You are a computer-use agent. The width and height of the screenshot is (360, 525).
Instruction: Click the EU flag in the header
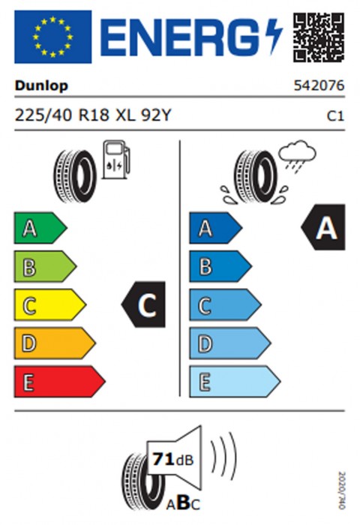tap(53, 37)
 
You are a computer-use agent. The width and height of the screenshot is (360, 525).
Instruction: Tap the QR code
tap(319, 37)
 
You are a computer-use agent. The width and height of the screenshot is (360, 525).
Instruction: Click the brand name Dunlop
tap(41, 86)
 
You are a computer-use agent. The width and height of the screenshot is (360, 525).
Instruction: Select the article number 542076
tap(319, 85)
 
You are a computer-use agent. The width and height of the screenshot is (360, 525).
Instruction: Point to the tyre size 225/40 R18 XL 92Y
tap(93, 115)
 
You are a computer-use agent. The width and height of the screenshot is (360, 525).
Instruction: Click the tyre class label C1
tap(335, 116)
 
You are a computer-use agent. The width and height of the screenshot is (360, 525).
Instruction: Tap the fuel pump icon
tap(115, 160)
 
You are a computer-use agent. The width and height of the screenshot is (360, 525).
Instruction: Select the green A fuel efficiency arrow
tap(40, 228)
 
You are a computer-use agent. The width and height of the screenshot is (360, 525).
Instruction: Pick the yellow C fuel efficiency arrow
tap(50, 305)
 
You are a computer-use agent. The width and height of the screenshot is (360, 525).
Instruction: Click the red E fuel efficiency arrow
tap(59, 382)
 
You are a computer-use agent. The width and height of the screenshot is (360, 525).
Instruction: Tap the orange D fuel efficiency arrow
tap(55, 343)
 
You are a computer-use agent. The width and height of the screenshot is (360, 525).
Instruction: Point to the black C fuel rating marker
tap(143, 304)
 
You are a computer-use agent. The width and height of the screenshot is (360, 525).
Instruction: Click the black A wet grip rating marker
tap(322, 227)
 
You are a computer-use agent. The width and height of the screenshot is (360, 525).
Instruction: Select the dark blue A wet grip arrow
tap(216, 228)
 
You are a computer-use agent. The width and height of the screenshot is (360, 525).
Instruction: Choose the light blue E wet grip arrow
tap(235, 382)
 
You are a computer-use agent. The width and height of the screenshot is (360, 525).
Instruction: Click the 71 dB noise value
tap(173, 459)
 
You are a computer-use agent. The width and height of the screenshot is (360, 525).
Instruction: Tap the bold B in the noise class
tap(183, 502)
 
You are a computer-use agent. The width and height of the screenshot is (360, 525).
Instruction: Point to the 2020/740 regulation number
tap(341, 490)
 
